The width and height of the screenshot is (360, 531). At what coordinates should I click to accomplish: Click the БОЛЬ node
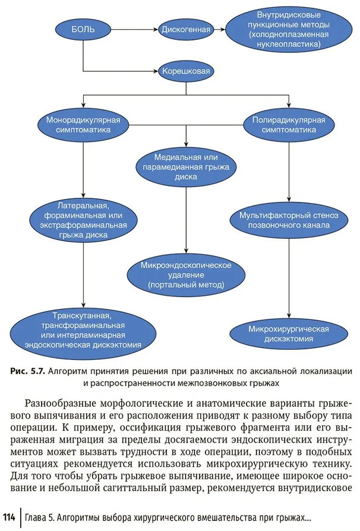83,28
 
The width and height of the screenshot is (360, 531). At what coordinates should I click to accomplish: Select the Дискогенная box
185,28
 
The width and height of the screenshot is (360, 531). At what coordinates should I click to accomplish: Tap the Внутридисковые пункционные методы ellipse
289,29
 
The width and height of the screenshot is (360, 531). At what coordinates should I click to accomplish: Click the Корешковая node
186,72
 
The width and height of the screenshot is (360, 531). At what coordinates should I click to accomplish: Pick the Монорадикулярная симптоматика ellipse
84,124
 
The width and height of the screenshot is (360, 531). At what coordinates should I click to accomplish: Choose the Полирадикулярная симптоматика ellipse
289,124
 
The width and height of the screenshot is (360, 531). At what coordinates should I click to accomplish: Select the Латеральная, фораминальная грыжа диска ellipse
83,220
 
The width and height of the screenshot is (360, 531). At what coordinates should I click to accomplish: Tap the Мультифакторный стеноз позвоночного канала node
289,220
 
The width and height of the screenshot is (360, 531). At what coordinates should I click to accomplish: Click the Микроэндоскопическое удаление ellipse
186,274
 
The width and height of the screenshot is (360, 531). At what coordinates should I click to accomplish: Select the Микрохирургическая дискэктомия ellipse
289,334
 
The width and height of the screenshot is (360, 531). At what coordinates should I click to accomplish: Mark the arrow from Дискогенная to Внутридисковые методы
219,28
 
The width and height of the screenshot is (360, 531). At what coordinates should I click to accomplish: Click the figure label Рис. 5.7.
26,371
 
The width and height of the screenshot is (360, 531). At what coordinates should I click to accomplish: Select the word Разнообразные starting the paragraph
65,400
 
